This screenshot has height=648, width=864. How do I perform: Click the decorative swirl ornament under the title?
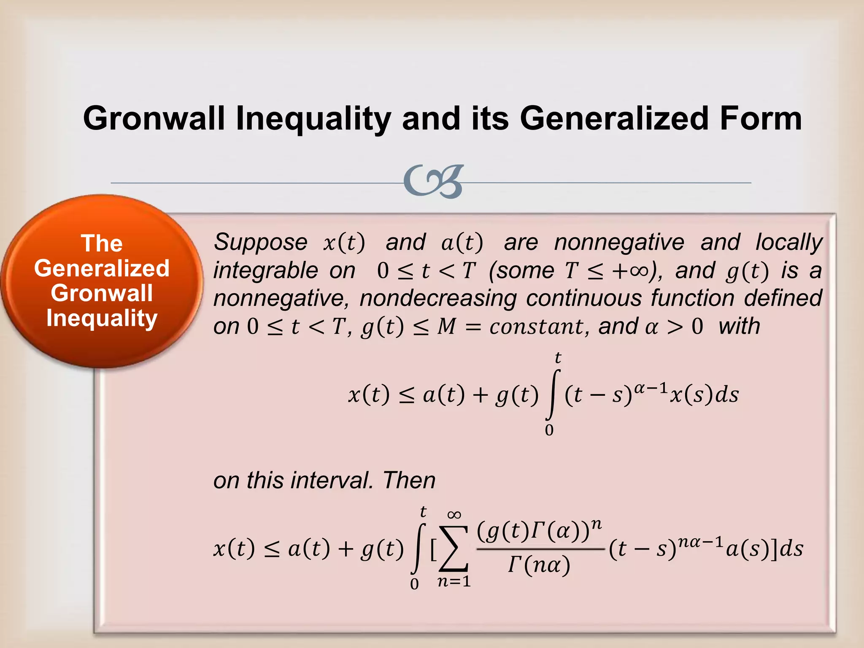(433, 182)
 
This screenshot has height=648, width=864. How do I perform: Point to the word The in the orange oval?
(102, 243)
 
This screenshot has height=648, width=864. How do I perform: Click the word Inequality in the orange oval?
(102, 318)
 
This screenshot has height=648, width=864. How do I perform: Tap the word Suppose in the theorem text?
(260, 242)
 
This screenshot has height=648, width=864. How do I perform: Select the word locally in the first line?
(788, 242)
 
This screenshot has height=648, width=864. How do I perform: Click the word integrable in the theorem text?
(265, 270)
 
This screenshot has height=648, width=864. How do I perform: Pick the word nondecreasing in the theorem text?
(438, 298)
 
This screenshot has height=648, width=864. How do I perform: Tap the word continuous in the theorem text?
(584, 298)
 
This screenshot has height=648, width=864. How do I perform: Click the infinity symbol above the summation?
(454, 515)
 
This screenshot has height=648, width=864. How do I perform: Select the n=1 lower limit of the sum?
(454, 582)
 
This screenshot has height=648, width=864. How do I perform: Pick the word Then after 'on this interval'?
(409, 480)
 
